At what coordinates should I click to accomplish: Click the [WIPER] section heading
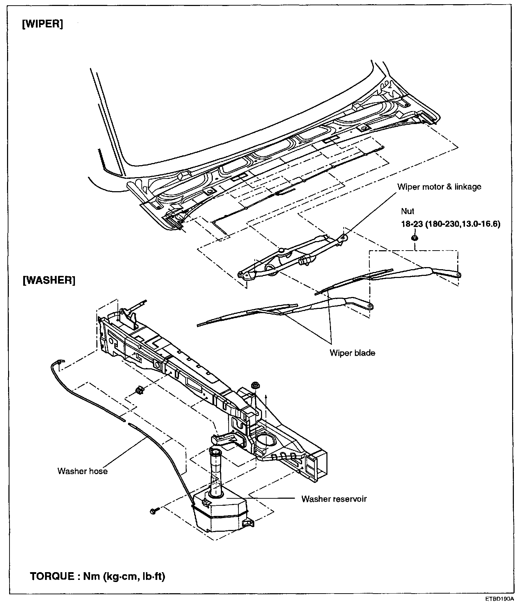[43, 25]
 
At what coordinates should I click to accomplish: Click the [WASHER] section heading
[49, 280]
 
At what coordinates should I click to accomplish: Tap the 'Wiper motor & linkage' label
[439, 187]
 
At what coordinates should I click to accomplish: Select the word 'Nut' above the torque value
[407, 211]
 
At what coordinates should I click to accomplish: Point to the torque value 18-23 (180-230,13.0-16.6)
[451, 224]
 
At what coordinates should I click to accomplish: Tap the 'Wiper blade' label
[352, 353]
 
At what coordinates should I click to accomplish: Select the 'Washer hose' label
[82, 471]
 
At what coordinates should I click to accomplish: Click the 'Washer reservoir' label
[334, 499]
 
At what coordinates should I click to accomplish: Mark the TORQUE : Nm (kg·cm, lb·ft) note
[97, 577]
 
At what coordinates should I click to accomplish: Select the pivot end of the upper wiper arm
[458, 275]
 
